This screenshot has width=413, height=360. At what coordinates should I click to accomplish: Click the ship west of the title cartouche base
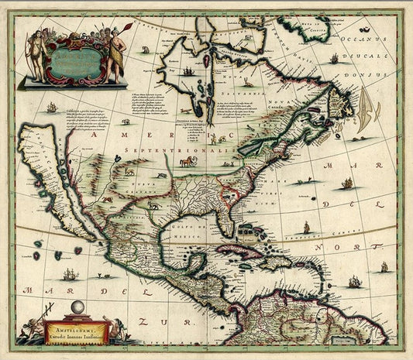tap(52, 107)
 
